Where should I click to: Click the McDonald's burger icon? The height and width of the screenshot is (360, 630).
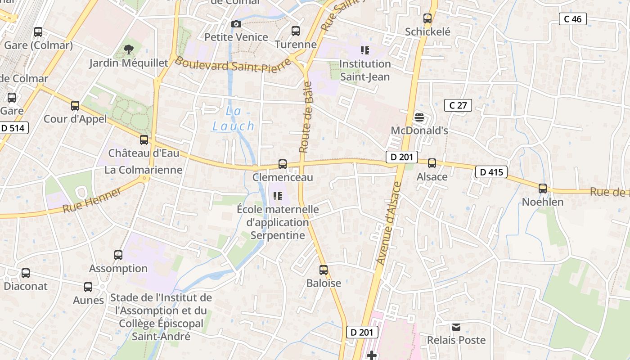point(419,117)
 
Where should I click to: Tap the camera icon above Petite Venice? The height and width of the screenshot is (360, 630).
point(236,24)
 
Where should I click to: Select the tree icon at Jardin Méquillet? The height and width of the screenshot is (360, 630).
point(129,49)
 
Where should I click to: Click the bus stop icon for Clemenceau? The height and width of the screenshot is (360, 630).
point(283,164)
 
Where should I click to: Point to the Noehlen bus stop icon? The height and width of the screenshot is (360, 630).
point(543,189)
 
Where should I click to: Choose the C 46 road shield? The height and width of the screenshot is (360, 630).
point(572,19)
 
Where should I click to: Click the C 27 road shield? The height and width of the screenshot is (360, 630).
point(458,105)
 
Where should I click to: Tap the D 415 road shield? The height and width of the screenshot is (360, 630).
point(491,172)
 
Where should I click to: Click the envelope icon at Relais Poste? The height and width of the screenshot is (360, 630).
point(456,327)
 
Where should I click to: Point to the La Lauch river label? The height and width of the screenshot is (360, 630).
point(233,119)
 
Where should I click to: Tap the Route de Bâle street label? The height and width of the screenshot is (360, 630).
point(306,117)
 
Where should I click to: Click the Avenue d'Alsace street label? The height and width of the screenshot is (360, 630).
point(388,223)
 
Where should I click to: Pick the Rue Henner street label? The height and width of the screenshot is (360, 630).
point(92,201)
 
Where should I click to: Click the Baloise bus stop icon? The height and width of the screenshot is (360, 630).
point(324,270)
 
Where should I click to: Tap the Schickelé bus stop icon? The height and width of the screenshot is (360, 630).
point(427,18)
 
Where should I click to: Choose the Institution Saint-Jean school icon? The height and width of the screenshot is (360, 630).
point(364,50)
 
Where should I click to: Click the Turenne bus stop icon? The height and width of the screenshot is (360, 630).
point(296,31)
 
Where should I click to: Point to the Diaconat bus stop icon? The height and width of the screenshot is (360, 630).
point(26,273)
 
